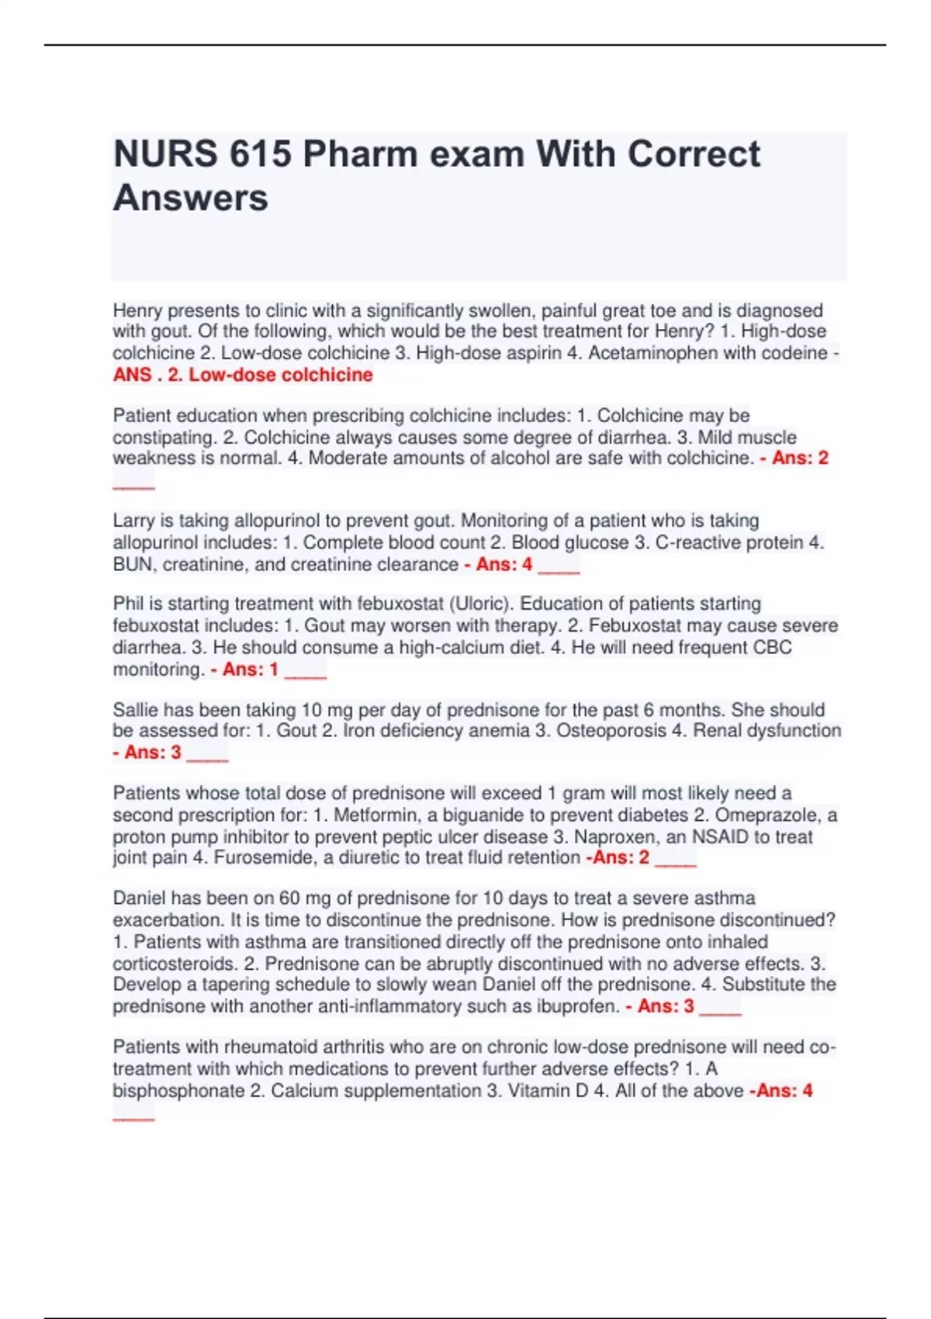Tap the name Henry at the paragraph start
(137, 310)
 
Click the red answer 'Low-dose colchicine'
(281, 375)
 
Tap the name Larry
(133, 521)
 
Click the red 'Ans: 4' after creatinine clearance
(504, 565)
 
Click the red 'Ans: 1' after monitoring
(250, 670)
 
